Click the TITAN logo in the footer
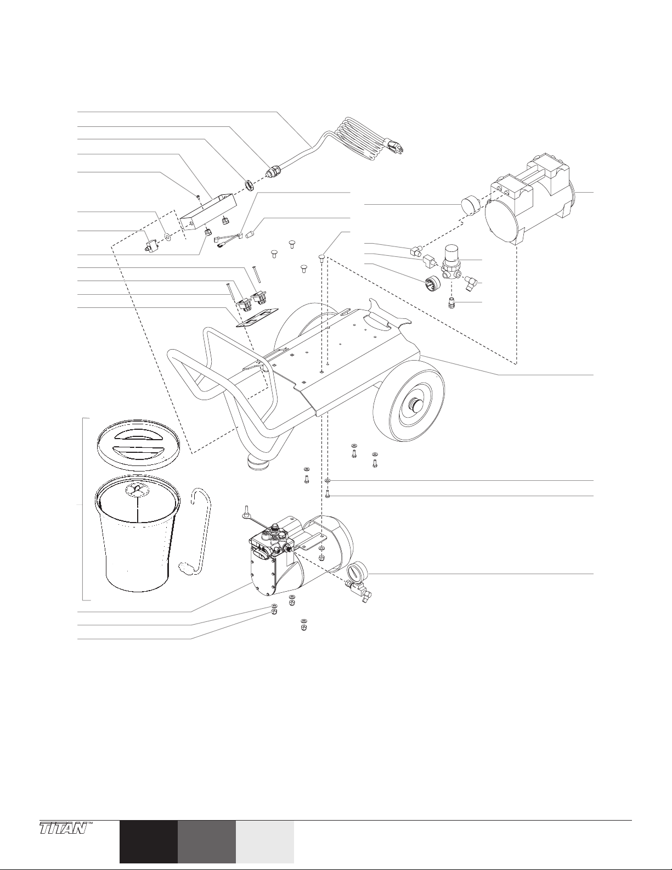[64, 827]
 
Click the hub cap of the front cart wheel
[415, 407]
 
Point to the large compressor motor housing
[529, 203]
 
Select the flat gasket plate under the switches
[258, 318]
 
